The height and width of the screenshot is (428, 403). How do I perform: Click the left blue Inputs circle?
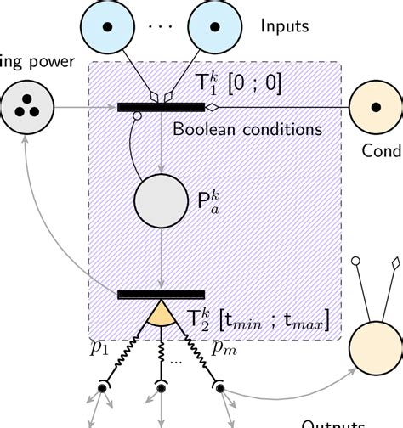coord(109,26)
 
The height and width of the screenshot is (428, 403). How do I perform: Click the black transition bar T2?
coord(160,295)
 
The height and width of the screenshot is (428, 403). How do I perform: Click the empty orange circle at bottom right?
coord(375,349)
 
